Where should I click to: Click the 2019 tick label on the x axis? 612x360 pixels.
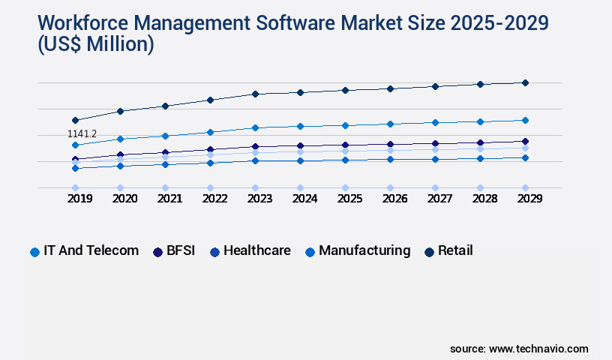pyautogui.click(x=75, y=199)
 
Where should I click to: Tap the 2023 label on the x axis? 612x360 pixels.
pyautogui.click(x=255, y=199)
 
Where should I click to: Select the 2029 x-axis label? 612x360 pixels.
pyautogui.click(x=525, y=199)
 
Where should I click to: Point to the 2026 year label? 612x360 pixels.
pyautogui.click(x=390, y=199)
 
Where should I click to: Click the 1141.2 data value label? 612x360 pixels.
pyautogui.click(x=82, y=134)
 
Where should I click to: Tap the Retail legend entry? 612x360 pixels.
pyautogui.click(x=448, y=251)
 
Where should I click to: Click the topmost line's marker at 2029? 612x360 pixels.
pyautogui.click(x=525, y=82)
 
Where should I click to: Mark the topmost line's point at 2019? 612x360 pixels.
pyautogui.click(x=75, y=120)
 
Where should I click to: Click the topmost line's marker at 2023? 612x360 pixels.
pyautogui.click(x=255, y=94)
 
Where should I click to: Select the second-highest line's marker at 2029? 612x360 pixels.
pyautogui.click(x=525, y=120)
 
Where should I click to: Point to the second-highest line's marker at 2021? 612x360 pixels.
pyautogui.click(x=165, y=136)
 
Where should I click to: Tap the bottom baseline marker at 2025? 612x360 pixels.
pyautogui.click(x=345, y=187)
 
